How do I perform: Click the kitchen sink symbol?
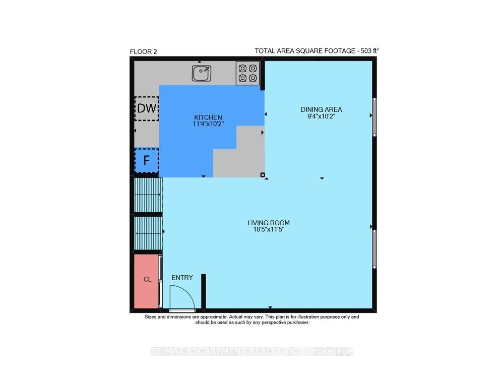(x=202, y=73)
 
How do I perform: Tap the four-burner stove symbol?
(x=248, y=73)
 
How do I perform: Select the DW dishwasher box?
(x=147, y=109)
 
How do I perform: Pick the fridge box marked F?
(x=147, y=160)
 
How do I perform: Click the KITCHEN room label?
(x=208, y=117)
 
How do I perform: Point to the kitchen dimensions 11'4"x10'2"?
(x=208, y=124)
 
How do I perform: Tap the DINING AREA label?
(x=322, y=109)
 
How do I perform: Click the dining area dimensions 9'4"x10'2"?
(x=322, y=116)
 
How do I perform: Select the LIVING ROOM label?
(x=269, y=223)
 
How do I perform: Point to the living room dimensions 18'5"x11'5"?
(x=269, y=230)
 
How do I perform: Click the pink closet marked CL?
(x=146, y=281)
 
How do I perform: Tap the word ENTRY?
(x=182, y=278)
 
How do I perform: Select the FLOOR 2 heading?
(x=143, y=51)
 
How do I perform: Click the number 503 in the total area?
(x=366, y=51)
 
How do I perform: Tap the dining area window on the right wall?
(x=374, y=117)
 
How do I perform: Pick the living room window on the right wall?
(x=374, y=249)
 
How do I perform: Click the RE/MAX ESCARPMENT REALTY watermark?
(x=251, y=351)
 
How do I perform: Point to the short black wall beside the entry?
(x=204, y=291)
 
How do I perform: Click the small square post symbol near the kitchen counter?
(x=263, y=175)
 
